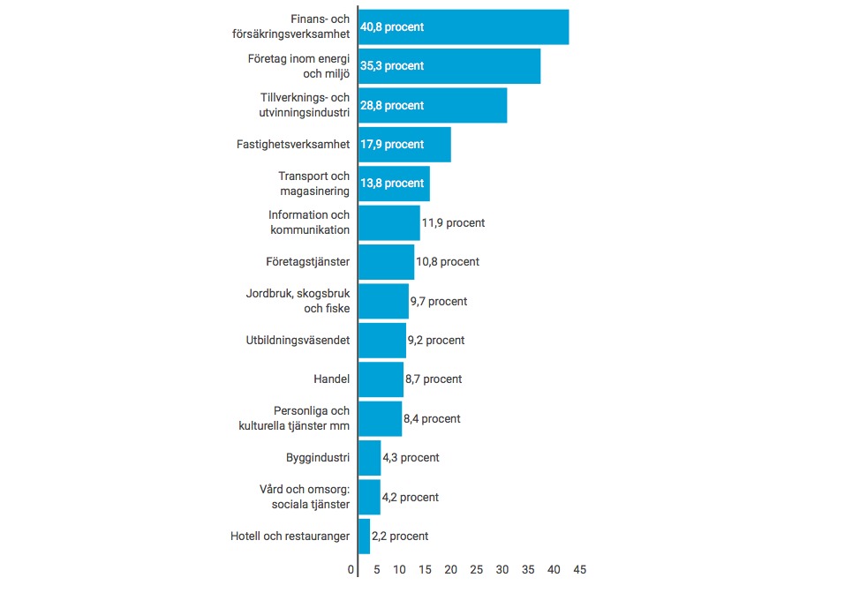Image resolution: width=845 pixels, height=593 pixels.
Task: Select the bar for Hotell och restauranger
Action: click(x=365, y=536)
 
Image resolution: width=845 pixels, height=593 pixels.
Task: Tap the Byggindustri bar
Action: click(x=370, y=458)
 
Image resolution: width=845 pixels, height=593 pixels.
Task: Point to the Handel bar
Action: click(x=381, y=379)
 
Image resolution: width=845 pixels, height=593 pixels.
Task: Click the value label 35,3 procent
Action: click(x=392, y=66)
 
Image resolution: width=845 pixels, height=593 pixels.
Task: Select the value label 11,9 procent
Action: click(x=453, y=223)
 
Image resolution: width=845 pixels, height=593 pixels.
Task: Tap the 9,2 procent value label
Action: click(x=435, y=340)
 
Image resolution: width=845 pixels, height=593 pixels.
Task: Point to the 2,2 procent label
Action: click(x=400, y=536)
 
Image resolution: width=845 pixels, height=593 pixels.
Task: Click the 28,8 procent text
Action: click(x=392, y=106)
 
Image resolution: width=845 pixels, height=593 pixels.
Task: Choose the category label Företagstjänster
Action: click(x=307, y=262)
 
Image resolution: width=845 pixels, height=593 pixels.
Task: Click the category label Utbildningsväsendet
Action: click(x=298, y=340)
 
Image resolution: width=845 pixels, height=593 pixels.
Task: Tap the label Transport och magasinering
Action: click(x=313, y=184)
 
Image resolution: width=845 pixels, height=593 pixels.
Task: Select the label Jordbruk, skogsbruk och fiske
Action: click(x=298, y=301)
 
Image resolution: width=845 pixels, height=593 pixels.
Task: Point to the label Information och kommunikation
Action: click(x=309, y=222)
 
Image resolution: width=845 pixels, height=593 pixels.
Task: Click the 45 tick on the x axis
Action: click(x=580, y=569)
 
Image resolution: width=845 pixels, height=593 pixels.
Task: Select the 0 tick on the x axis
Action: click(x=351, y=569)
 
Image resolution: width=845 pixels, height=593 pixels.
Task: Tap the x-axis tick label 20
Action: click(x=451, y=569)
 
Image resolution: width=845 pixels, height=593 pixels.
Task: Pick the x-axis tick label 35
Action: click(x=528, y=569)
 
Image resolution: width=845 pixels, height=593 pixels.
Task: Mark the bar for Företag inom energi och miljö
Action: click(x=449, y=66)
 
